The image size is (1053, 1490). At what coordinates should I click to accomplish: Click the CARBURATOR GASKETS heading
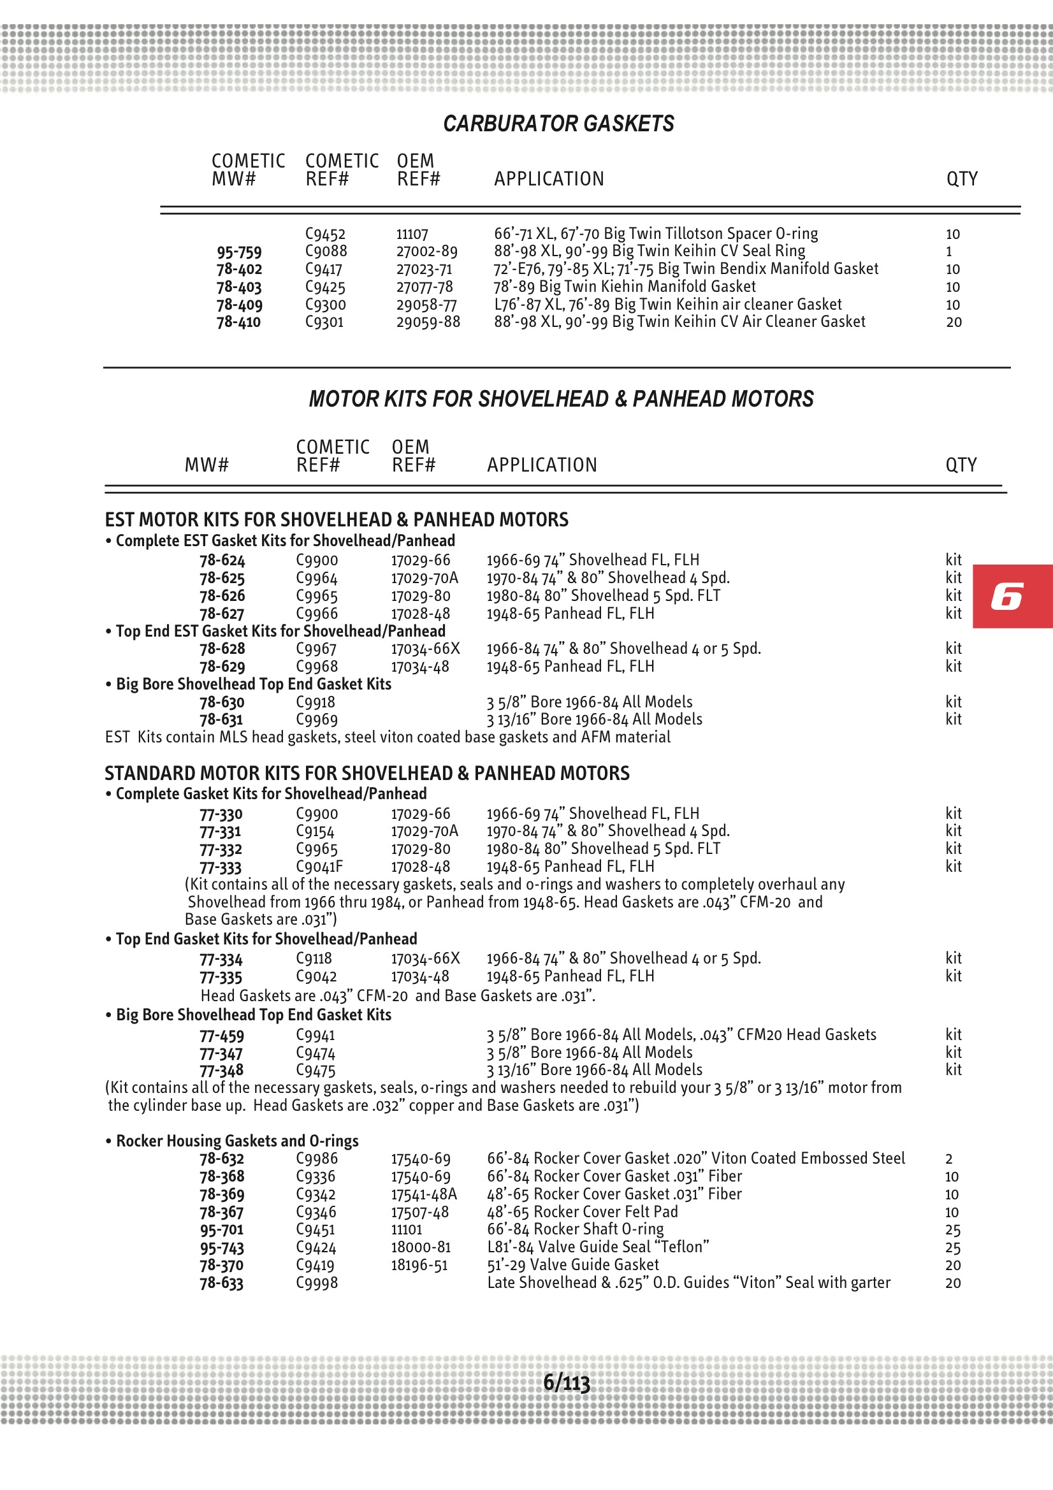pyautogui.click(x=558, y=123)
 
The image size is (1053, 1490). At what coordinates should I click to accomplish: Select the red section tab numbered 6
pyautogui.click(x=1012, y=596)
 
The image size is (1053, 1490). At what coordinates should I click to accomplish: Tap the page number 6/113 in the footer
pyautogui.click(x=566, y=1382)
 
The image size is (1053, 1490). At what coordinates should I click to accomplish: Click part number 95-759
pyautogui.click(x=239, y=252)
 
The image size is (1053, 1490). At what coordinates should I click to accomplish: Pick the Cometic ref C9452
pyautogui.click(x=325, y=234)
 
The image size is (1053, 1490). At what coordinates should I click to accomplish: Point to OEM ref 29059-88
pyautogui.click(x=428, y=322)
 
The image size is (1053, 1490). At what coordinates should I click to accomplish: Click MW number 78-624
pyautogui.click(x=222, y=560)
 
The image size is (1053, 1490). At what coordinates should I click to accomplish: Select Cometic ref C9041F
pyautogui.click(x=319, y=866)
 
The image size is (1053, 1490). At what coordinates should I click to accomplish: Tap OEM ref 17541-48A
pyautogui.click(x=423, y=1194)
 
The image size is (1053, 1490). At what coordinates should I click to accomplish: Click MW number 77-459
pyautogui.click(x=222, y=1035)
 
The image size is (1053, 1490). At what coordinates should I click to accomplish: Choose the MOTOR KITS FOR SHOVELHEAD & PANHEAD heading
pyautogui.click(x=561, y=398)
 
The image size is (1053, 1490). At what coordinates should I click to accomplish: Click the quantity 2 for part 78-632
pyautogui.click(x=948, y=1159)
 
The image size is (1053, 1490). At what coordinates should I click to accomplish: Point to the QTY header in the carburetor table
pyautogui.click(x=961, y=178)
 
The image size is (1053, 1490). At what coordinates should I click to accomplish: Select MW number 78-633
pyautogui.click(x=221, y=1283)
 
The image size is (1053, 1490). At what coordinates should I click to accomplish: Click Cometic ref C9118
pyautogui.click(x=314, y=958)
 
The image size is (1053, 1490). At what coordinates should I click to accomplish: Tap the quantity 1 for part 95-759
pyautogui.click(x=948, y=252)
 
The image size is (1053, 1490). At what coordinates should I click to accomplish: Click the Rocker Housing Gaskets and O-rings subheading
pyautogui.click(x=237, y=1141)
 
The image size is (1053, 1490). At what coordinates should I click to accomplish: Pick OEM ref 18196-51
pyautogui.click(x=419, y=1265)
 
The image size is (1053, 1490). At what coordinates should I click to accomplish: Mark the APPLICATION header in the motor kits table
pyautogui.click(x=541, y=465)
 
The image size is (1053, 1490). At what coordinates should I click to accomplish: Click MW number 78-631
pyautogui.click(x=221, y=719)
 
